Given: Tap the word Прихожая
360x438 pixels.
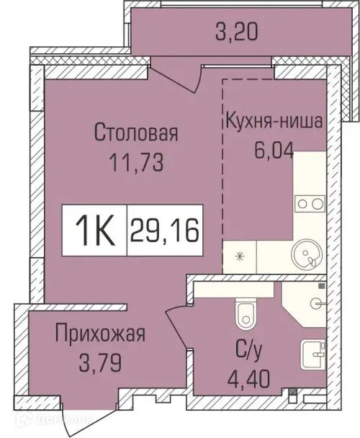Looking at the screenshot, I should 100,334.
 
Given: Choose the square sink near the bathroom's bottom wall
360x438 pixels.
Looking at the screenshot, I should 315,354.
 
